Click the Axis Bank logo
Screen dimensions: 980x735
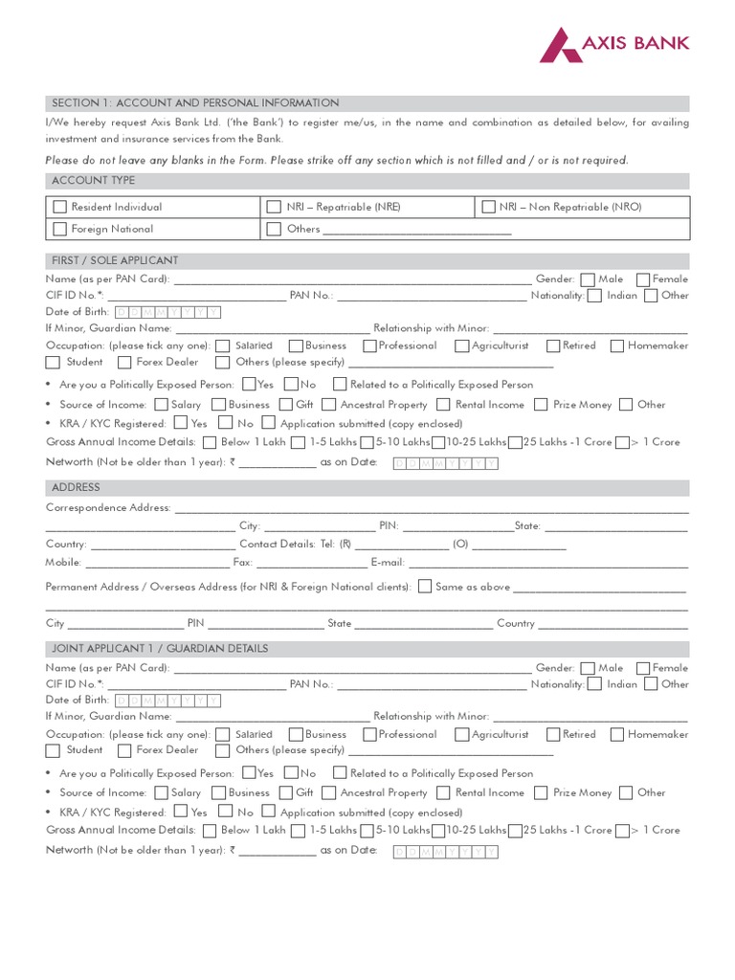coord(613,44)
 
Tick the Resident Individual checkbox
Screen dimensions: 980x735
coord(60,207)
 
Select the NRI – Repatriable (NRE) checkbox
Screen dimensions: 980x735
coord(274,207)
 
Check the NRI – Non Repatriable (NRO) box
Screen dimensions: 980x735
coord(488,207)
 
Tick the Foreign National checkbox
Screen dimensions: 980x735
coord(60,229)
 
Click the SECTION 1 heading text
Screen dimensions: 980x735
coord(195,103)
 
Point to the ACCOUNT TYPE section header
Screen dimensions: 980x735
coord(93,181)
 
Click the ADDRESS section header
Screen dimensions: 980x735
coord(76,488)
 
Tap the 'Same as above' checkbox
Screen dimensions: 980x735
coord(425,587)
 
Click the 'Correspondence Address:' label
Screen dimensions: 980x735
coord(108,508)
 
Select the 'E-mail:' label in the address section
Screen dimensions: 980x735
coord(388,563)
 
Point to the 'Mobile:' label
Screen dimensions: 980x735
coord(64,563)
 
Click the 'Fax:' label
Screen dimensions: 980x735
coord(243,563)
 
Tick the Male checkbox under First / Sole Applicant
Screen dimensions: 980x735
coord(587,279)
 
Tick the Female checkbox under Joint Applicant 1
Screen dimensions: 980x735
coord(642,668)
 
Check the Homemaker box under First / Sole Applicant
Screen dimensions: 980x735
coord(617,345)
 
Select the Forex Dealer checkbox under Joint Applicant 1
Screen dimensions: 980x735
coord(124,750)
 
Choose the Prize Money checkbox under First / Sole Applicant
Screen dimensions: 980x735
coord(542,405)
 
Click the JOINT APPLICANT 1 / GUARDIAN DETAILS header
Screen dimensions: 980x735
coord(160,649)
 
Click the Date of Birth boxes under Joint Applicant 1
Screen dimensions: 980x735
coord(167,701)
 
